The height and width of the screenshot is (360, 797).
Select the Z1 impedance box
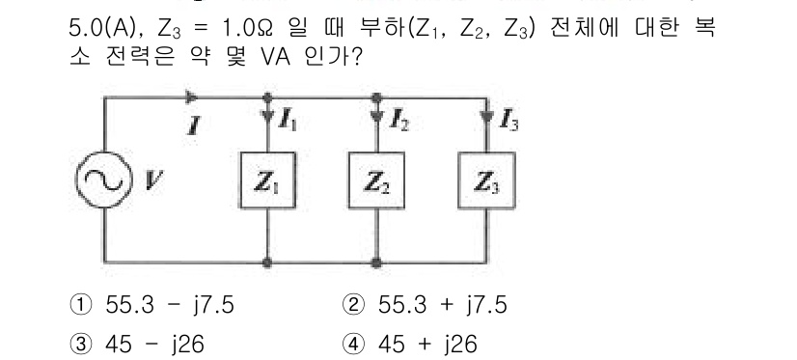click(266, 180)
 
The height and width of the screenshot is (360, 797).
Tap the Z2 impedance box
click(375, 180)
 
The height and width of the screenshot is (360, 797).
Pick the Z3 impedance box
click(484, 180)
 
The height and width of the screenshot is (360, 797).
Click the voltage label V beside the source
click(150, 178)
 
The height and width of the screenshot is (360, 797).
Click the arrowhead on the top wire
click(192, 97)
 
